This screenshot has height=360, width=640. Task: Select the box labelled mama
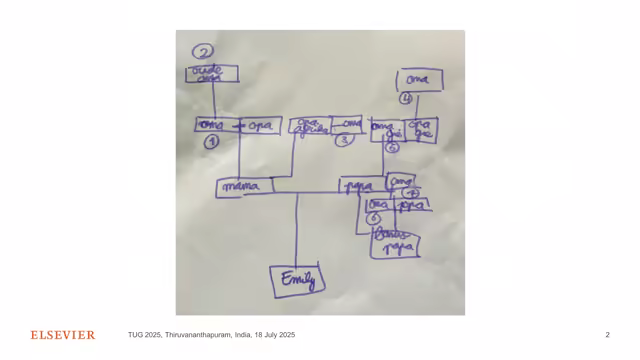[x=240, y=186]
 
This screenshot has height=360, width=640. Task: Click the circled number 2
[x=204, y=52]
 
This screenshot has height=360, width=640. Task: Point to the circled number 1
[x=212, y=142]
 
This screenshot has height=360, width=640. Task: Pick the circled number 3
[x=343, y=140]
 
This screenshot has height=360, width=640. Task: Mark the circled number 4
[x=406, y=98]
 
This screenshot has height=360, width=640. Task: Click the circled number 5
[x=392, y=147]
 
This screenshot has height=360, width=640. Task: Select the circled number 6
[x=373, y=218]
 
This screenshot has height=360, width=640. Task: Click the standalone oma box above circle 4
[x=419, y=79]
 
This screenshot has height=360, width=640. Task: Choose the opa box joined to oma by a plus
[x=259, y=126]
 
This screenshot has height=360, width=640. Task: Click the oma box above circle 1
[x=212, y=125]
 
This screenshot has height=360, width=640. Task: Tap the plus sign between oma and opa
[x=238, y=126]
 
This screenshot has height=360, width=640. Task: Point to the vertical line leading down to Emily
[x=297, y=230]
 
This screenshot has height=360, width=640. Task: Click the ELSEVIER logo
[x=62, y=335]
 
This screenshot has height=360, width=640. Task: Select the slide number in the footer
[x=607, y=335]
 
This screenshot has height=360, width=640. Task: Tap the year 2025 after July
[x=284, y=335]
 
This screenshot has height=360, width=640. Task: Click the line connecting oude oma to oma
[x=213, y=100]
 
